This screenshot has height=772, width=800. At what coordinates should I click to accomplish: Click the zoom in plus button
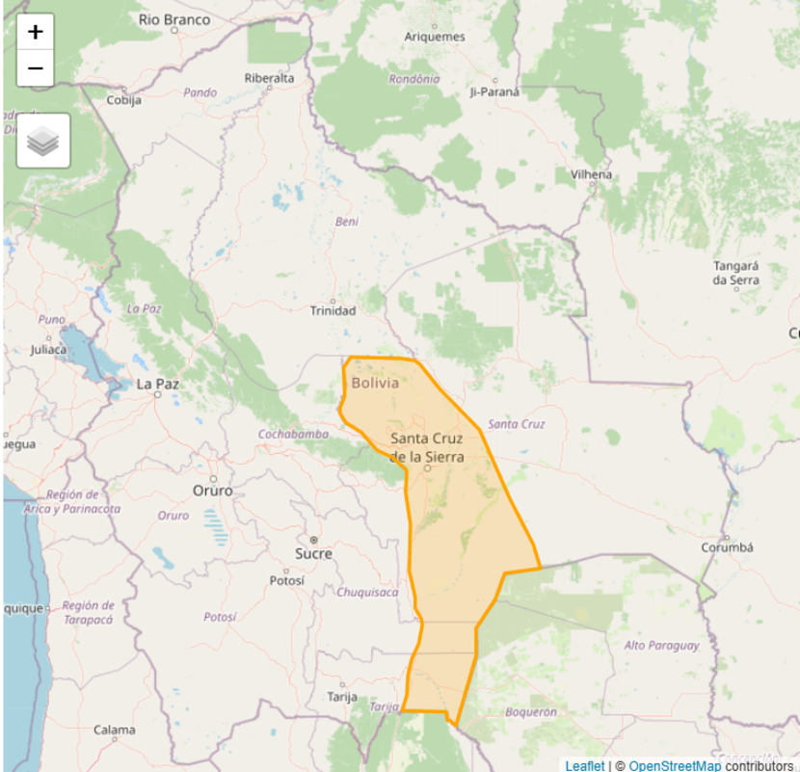[x=36, y=32]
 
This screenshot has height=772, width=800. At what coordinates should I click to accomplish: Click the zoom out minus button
[x=36, y=68]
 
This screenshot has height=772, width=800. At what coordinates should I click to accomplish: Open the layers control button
[x=43, y=142]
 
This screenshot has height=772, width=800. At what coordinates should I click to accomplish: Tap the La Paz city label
[x=158, y=384]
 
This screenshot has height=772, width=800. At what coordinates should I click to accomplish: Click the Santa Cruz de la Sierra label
[x=427, y=447]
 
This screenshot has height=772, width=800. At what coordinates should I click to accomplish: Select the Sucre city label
[x=313, y=553]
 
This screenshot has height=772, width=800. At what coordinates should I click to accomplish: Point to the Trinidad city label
[x=333, y=310]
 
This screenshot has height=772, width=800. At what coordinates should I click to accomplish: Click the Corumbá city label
[x=728, y=546]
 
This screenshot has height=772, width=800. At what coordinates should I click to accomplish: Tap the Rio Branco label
[x=174, y=18]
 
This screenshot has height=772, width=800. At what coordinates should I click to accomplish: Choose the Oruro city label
[x=213, y=491]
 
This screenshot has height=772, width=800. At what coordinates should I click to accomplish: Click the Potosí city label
[x=286, y=581]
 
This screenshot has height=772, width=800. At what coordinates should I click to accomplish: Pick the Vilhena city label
[x=591, y=174]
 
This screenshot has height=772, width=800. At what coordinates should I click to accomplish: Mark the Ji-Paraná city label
[x=494, y=92]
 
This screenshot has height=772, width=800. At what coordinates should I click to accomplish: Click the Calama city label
[x=114, y=730]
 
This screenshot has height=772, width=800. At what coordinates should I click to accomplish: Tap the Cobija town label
[x=123, y=99]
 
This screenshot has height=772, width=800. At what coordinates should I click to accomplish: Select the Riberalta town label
[x=270, y=78]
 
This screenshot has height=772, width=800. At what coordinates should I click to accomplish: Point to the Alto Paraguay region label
[x=661, y=645]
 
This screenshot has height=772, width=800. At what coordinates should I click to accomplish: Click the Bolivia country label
[x=375, y=383]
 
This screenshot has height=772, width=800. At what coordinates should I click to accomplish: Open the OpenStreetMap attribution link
[x=675, y=765]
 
